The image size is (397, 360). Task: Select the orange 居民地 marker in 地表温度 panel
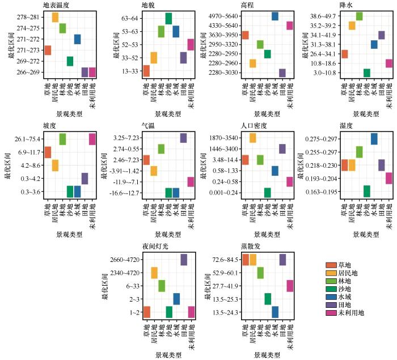tap(55, 17)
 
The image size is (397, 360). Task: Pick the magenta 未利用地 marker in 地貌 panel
tap(191, 45)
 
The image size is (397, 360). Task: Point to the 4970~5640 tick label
tap(224, 16)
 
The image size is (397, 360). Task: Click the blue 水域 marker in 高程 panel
tap(274, 16)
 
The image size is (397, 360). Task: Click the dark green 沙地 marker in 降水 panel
tap(366, 73)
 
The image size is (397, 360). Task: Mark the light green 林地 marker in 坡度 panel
tap(62, 139)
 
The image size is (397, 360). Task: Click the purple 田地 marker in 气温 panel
tap(183, 138)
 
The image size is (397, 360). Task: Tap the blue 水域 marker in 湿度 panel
tap(374, 139)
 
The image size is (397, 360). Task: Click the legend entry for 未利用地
tap(351, 312)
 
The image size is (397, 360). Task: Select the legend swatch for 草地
tap(331, 265)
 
